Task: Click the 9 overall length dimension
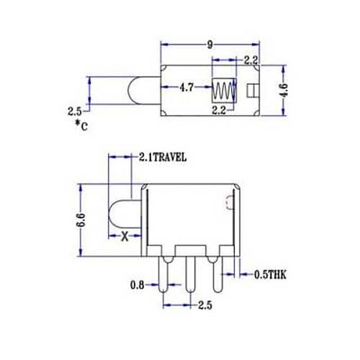click(x=210, y=45)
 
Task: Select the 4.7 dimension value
click(x=186, y=88)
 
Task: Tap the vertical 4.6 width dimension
click(x=284, y=90)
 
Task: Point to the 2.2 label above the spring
click(x=251, y=60)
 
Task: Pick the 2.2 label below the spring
click(x=219, y=110)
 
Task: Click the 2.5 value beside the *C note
click(x=75, y=112)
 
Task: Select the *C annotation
click(x=81, y=126)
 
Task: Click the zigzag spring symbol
click(x=224, y=91)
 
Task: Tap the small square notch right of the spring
click(x=253, y=91)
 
